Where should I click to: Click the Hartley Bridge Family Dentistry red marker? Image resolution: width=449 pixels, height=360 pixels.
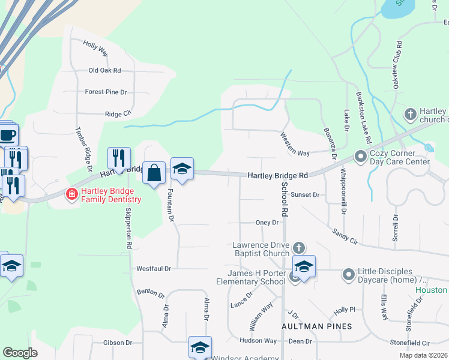coord(71,194)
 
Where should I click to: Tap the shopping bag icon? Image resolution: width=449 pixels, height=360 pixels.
coord(154,173)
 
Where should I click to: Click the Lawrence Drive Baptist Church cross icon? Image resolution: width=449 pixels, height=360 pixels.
coord(299,247)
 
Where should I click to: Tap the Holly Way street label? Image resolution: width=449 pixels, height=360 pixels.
coord(95,49)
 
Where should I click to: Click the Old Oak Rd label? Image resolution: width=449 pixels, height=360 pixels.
coord(104,70)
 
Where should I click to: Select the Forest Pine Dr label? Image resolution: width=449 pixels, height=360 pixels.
coord(106,92)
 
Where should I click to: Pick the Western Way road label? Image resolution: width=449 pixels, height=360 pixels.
coord(294,145)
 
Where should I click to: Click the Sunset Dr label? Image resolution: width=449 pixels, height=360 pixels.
coord(304,195)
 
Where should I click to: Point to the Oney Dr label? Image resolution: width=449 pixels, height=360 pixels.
coord(268,222)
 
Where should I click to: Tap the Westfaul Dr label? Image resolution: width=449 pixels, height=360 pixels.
coord(154,268)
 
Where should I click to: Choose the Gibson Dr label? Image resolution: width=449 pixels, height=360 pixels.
coord(117,343)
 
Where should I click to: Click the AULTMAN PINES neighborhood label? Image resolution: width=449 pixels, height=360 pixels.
coord(317,326)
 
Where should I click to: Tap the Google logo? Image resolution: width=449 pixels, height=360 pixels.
coord(20,353)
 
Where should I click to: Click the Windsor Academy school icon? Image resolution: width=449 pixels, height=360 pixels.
coord(200,347)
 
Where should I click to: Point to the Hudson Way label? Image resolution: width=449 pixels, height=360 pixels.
coord(258,340)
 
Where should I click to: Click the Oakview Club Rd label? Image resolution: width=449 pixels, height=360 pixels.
coord(398,65)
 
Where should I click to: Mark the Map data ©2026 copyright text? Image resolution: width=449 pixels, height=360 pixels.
coord(424,355)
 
